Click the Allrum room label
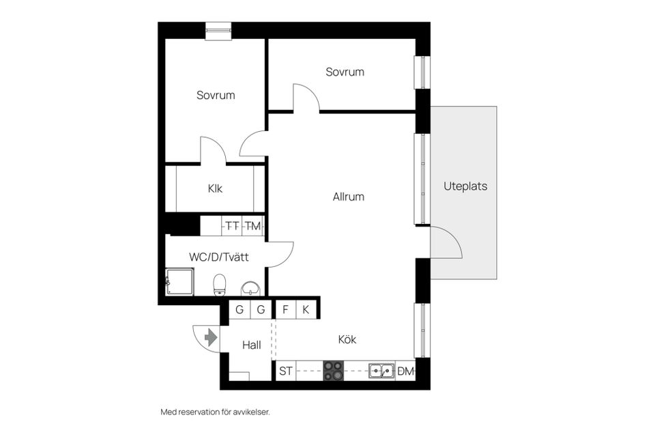point(348,197)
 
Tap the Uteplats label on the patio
point(465,186)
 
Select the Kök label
point(347,339)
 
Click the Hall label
point(252,345)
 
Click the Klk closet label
point(216,188)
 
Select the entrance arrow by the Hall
point(210,337)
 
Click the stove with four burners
point(333,371)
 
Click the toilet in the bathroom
point(220,284)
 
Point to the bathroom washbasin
point(251,287)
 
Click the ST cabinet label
point(286,371)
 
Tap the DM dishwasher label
point(406,371)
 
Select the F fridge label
point(285,309)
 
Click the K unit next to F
point(306,309)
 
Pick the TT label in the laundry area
point(233,226)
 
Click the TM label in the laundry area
point(253,226)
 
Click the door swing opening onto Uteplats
point(447,244)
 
